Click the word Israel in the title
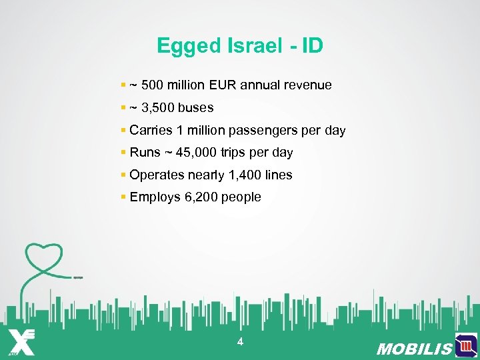click(x=245, y=46)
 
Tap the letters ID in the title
click(x=312, y=46)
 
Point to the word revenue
click(x=309, y=85)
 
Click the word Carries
click(x=151, y=130)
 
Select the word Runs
click(x=145, y=153)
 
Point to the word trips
click(x=241, y=153)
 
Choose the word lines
click(x=277, y=175)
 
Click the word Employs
click(x=153, y=197)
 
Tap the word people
click(x=241, y=197)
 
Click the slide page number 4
click(x=240, y=342)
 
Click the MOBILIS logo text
click(x=414, y=349)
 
